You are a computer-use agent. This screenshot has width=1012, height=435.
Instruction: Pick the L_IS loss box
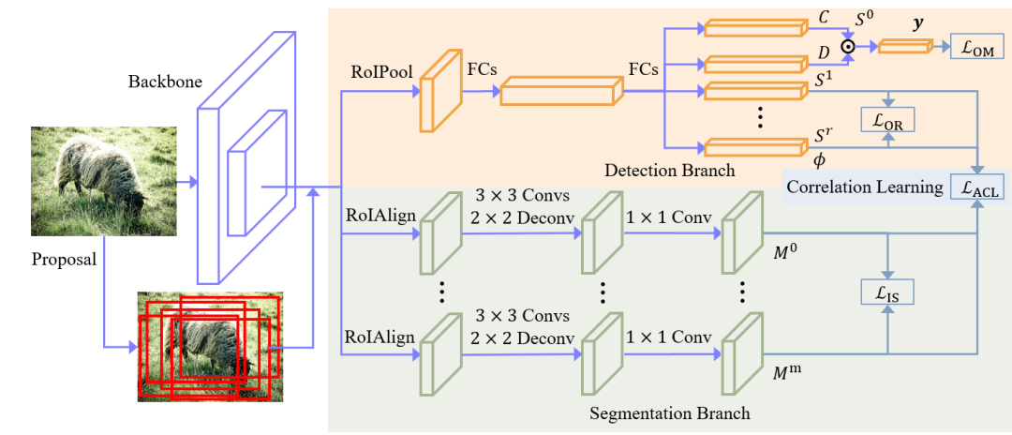point(887,292)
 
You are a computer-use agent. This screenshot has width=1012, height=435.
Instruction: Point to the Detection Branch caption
point(669,170)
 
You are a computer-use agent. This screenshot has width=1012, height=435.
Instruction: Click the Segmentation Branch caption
point(670,412)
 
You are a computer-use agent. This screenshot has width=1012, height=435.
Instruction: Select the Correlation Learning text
point(864,187)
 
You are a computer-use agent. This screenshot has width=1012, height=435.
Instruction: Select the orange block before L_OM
point(905,45)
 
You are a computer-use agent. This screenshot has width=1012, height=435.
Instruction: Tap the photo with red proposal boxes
point(210,346)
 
